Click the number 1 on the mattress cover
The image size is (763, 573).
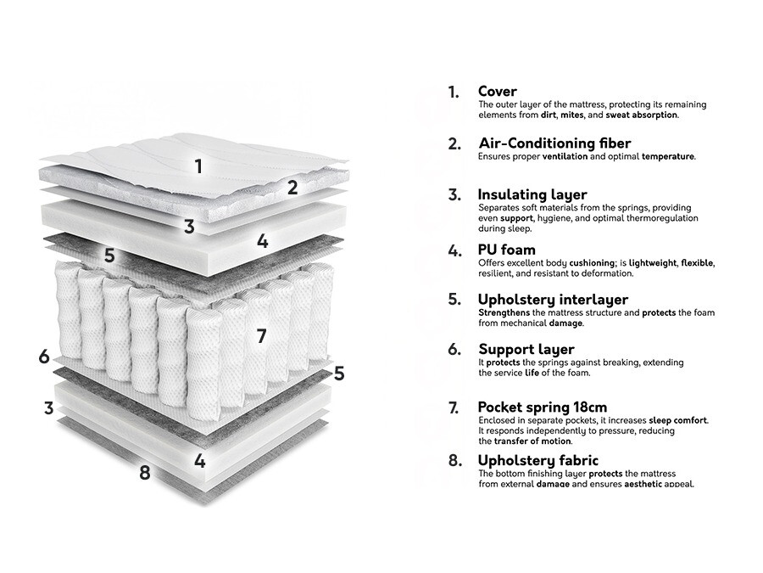click(x=198, y=166)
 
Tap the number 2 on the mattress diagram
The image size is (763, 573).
click(x=292, y=188)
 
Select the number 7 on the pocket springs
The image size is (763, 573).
click(x=261, y=336)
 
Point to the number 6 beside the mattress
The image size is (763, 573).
click(x=44, y=357)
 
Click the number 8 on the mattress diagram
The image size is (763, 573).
click(x=145, y=473)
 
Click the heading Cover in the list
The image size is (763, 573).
click(x=497, y=92)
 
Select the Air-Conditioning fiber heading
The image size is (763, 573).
click(x=554, y=143)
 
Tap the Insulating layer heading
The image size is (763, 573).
click(x=532, y=195)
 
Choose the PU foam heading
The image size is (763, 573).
click(x=506, y=250)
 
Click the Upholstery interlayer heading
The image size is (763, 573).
click(x=553, y=300)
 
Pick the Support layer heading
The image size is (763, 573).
click(x=526, y=349)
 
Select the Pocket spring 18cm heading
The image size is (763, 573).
click(x=542, y=407)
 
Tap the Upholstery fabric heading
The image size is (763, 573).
click(x=537, y=460)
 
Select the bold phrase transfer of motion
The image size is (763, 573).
click(x=533, y=441)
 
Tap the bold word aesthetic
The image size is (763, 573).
click(x=649, y=484)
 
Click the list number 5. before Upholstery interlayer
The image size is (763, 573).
click(x=454, y=300)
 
